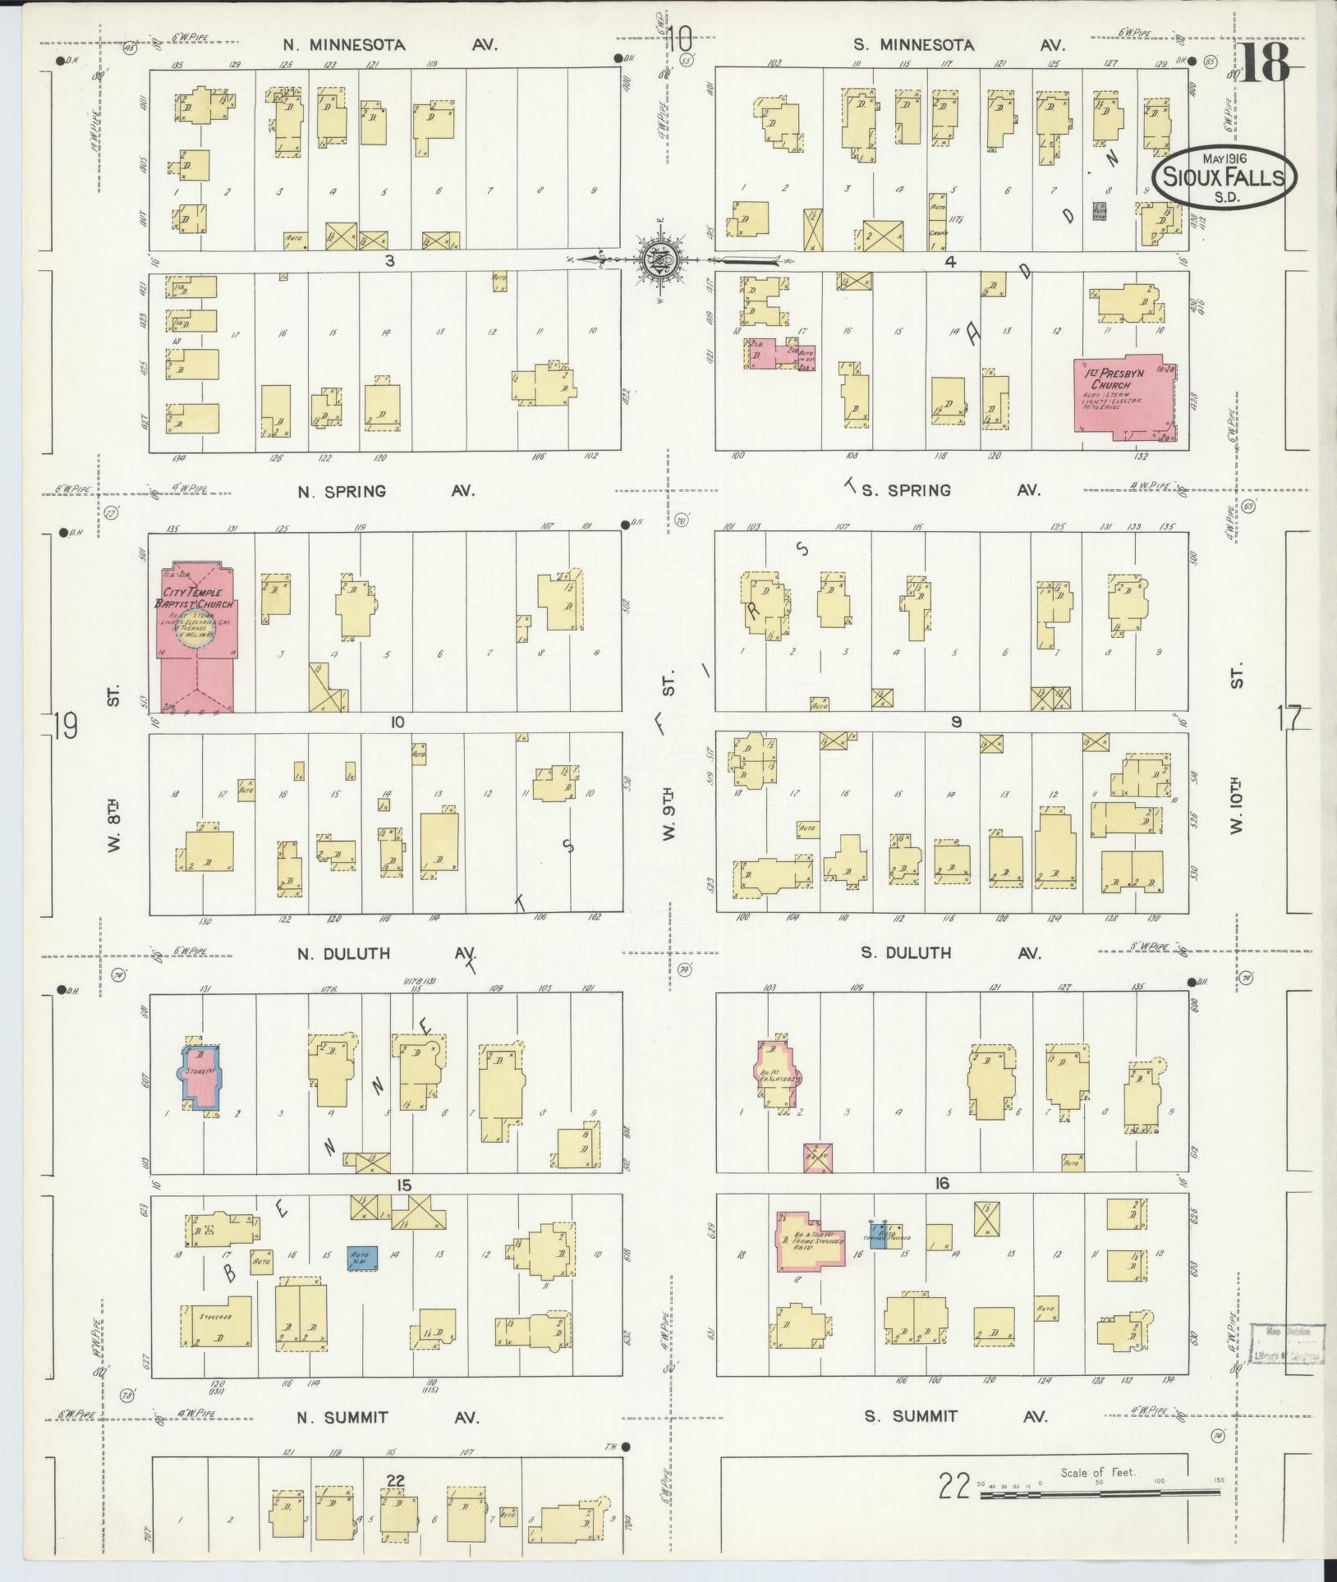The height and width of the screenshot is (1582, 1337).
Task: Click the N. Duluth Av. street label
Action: [x=386, y=954]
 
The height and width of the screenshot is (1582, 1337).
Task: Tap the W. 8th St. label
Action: [x=115, y=829]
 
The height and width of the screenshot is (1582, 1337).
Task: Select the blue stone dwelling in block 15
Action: [x=200, y=1078]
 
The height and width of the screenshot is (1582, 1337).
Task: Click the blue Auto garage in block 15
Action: [x=362, y=1281]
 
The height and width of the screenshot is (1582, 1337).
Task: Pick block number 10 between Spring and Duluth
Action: [x=397, y=722]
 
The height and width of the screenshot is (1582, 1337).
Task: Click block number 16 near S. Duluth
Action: [x=941, y=1183]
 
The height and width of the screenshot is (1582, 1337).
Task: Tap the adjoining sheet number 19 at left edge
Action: [x=65, y=726]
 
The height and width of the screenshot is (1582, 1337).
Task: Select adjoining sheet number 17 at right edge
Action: [x=1289, y=718]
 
